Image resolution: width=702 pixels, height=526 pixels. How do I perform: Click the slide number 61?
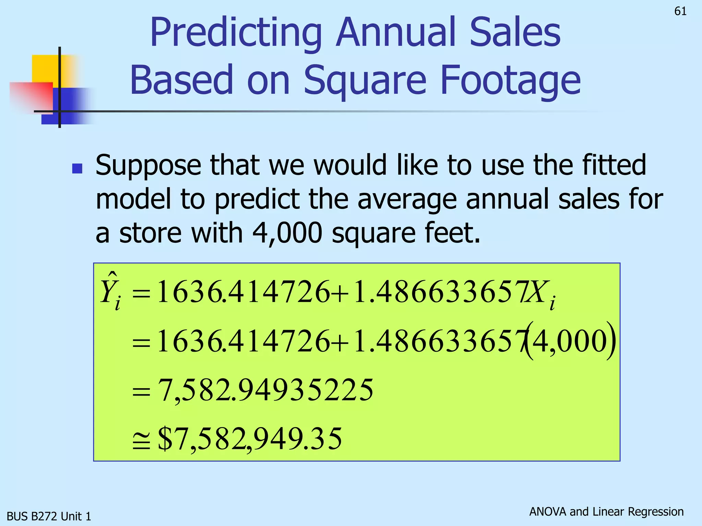[680, 11]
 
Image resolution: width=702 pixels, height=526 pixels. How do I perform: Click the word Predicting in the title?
[236, 33]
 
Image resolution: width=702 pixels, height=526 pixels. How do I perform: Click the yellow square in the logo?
[45, 68]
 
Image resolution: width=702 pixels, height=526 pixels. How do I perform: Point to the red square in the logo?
[31, 96]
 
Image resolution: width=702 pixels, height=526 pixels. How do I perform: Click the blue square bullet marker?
[77, 168]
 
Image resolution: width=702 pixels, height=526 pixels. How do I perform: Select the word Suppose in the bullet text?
[148, 166]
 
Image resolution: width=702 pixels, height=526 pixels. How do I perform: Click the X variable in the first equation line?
[536, 292]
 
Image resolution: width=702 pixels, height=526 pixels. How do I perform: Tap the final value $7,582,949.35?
[250, 439]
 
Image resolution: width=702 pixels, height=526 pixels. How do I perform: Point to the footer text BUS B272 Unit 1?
[49, 516]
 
